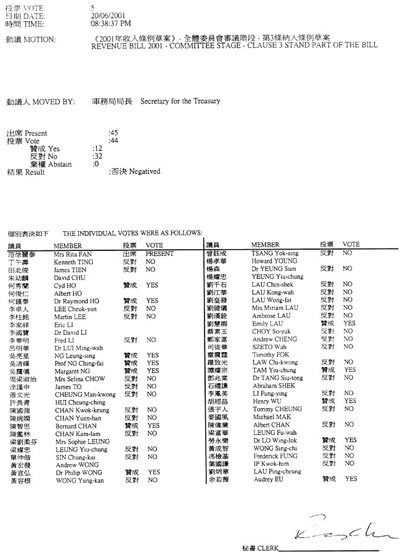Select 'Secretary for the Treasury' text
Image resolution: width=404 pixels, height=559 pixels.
point(180,101)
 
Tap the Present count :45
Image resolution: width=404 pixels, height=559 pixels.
point(113,134)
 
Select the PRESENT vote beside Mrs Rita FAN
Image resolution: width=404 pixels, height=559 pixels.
point(159,254)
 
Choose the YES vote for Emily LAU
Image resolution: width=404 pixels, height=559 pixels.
point(349,324)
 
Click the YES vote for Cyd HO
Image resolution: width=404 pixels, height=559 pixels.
point(152,285)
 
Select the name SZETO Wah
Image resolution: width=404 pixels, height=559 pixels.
point(269,347)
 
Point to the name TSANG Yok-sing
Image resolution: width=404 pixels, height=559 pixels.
point(274,254)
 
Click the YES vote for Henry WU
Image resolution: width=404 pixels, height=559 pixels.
point(349,401)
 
